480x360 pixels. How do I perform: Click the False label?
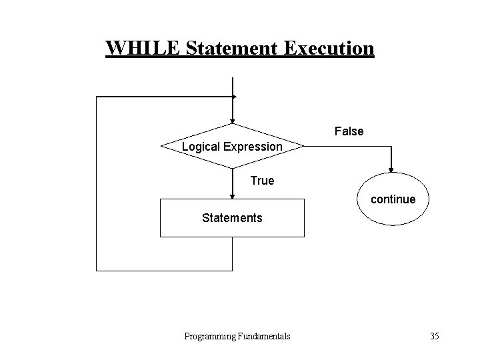pos(349,131)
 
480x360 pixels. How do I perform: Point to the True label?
pos(262,180)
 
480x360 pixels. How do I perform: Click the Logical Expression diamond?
pos(232,146)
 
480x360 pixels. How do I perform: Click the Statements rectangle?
pos(232,218)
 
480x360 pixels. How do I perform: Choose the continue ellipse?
pos(391,199)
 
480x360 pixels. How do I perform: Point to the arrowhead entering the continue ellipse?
pos(391,169)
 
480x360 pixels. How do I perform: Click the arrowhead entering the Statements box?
pos(232,195)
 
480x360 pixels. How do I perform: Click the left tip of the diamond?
pos(161,145)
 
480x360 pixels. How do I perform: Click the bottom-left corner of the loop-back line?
pos(97,270)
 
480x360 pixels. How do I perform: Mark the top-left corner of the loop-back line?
pos(97,97)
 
